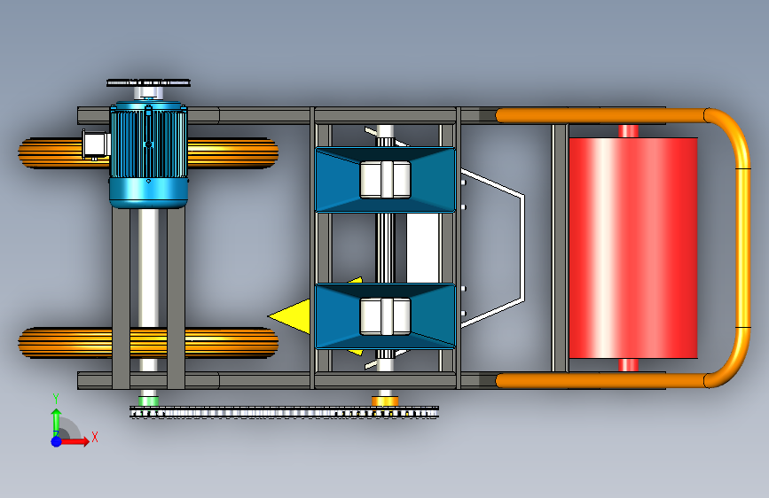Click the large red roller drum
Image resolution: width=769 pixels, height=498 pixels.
pyautogui.click(x=633, y=247)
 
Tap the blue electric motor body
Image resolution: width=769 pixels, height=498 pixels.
pyautogui.click(x=149, y=154)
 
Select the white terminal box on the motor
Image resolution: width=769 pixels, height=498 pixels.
pyautogui.click(x=95, y=144)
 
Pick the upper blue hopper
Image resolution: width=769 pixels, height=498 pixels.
pyautogui.click(x=386, y=179)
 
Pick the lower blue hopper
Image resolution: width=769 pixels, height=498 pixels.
pyautogui.click(x=386, y=316)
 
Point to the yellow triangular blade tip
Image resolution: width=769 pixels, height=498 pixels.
pyautogui.click(x=269, y=316)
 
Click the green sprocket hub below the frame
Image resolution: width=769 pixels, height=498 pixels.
pyautogui.click(x=148, y=400)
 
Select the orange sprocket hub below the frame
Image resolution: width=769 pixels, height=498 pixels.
pyautogui.click(x=385, y=401)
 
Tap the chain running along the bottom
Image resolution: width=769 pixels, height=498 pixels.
pyautogui.click(x=284, y=412)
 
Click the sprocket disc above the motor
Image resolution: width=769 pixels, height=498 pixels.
pyautogui.click(x=149, y=82)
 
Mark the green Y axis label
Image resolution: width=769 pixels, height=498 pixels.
pyautogui.click(x=56, y=399)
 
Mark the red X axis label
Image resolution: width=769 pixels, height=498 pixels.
pyautogui.click(x=95, y=437)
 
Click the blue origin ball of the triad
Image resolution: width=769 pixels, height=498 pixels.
pyautogui.click(x=57, y=441)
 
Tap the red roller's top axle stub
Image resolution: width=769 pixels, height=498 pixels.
pyautogui.click(x=628, y=131)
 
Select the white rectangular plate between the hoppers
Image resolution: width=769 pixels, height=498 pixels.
pyautogui.click(x=422, y=247)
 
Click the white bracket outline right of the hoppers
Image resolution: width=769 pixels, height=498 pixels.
pyautogui.click(x=523, y=247)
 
